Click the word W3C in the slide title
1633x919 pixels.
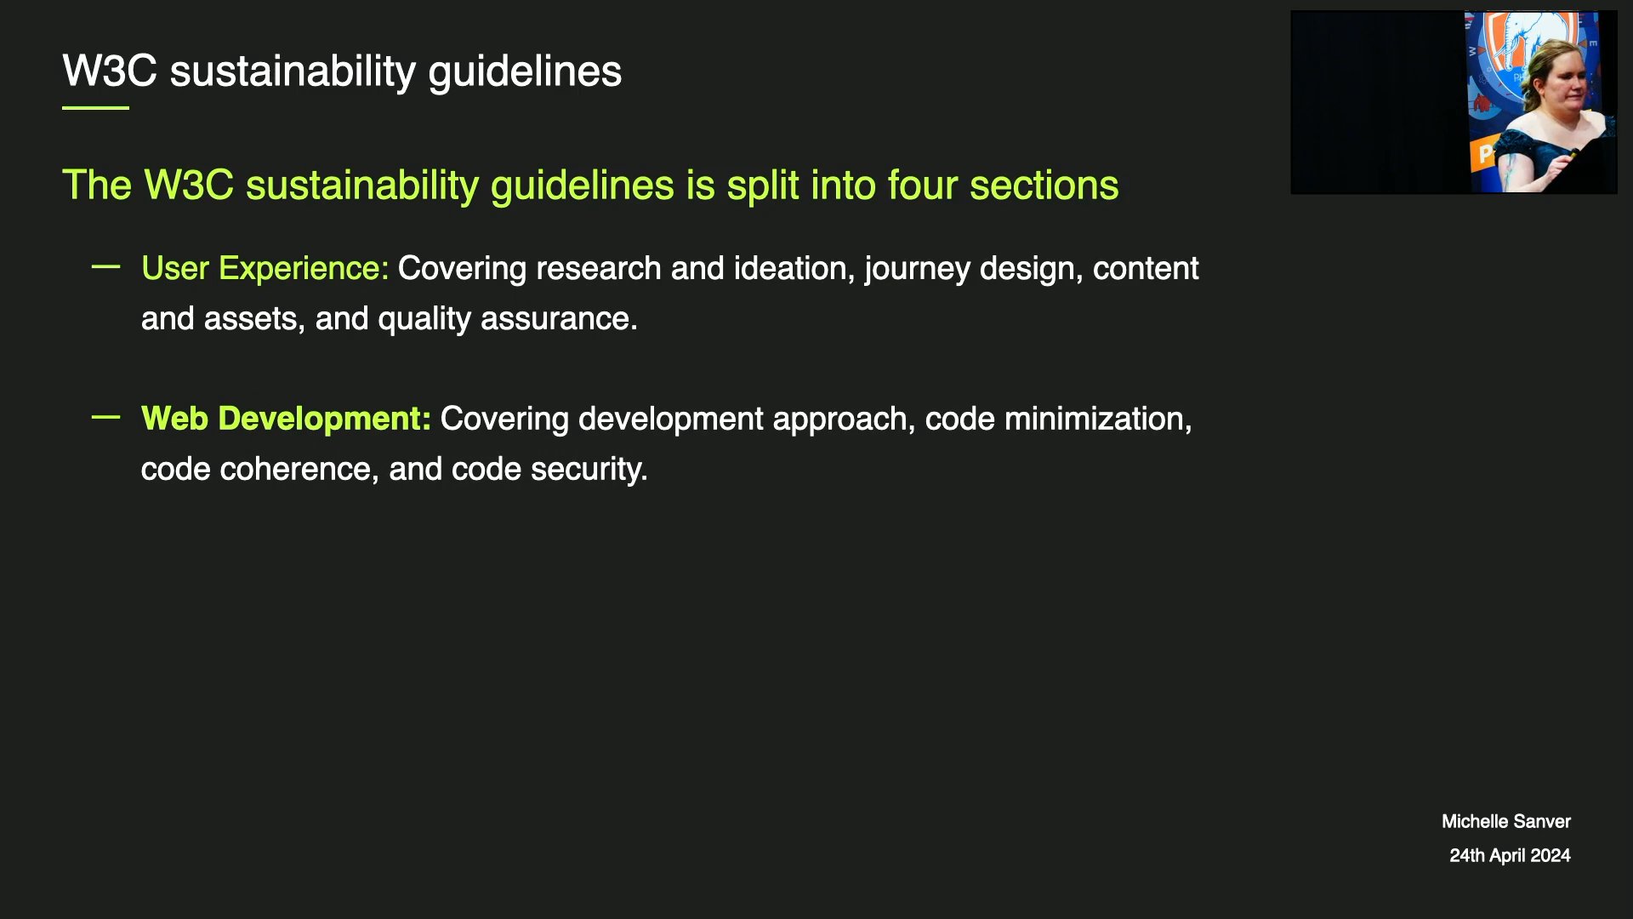(x=110, y=71)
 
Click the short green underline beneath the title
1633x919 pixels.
(x=95, y=108)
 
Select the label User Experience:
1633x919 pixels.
(x=265, y=269)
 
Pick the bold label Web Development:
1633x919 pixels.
(x=287, y=419)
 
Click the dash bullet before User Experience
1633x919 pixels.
(x=105, y=267)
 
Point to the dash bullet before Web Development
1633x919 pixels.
(x=105, y=417)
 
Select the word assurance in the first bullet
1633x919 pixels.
(x=559, y=319)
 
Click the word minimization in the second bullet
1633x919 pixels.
(x=1098, y=419)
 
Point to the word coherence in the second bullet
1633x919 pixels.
(x=299, y=470)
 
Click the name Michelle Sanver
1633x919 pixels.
(x=1506, y=822)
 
